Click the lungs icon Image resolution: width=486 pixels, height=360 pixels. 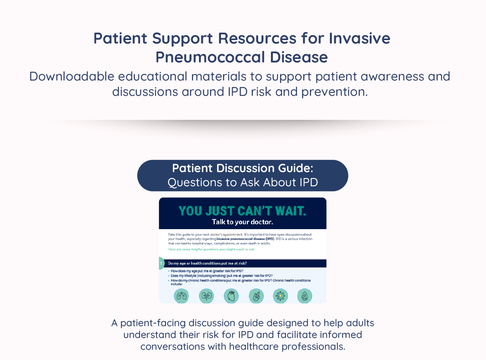tap(181, 296)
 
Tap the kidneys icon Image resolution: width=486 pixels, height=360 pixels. tap(206, 296)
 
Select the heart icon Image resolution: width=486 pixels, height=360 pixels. tap(231, 296)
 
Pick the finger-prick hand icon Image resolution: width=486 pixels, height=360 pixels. tap(256, 296)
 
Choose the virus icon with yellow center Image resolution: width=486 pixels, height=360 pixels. tap(280, 296)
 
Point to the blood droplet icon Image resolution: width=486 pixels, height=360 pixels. tap(305, 296)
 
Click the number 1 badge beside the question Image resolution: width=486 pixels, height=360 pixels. tap(161, 263)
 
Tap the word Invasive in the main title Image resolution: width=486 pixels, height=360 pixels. tap(359, 39)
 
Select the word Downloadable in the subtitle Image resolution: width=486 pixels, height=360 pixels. tap(72, 76)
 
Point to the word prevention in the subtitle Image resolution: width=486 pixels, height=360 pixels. tap(334, 92)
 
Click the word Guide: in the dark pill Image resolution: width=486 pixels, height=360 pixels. tap(296, 168)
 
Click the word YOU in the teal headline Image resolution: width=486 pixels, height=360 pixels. tap(190, 211)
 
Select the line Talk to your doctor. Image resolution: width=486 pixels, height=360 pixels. tap(243, 222)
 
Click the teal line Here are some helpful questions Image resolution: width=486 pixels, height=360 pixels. tap(212, 249)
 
